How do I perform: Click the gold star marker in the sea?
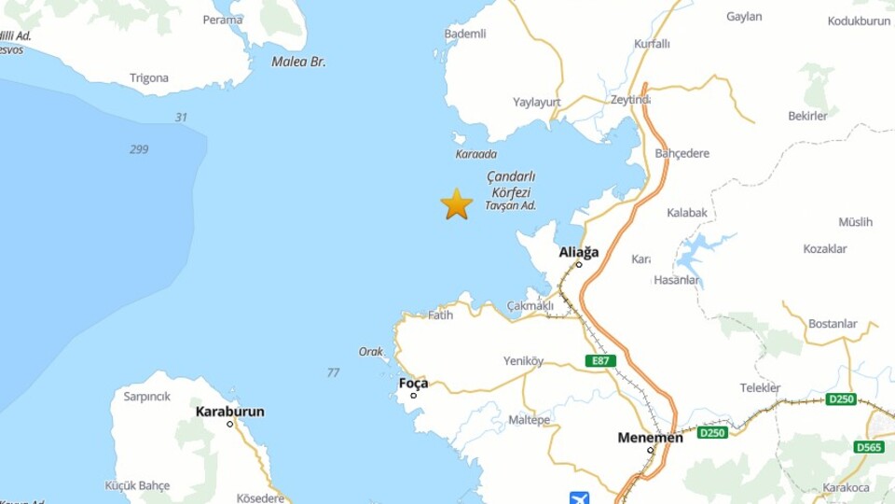click(x=457, y=203)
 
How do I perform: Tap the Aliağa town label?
click(x=579, y=252)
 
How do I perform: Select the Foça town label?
click(x=413, y=383)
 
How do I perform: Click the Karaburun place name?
click(x=229, y=412)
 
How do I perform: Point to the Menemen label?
click(x=650, y=438)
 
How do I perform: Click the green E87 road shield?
click(x=601, y=360)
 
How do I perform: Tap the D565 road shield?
click(x=868, y=447)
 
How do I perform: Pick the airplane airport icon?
click(x=579, y=497)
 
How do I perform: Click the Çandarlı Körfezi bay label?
click(x=510, y=185)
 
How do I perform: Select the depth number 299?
click(x=139, y=149)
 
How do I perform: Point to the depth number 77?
click(x=333, y=373)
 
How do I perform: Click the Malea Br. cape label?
click(x=298, y=62)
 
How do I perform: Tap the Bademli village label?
click(x=465, y=34)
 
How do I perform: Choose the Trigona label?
click(x=149, y=78)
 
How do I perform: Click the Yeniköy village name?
click(x=523, y=361)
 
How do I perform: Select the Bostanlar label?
click(x=833, y=324)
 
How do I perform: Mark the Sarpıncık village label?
click(x=147, y=396)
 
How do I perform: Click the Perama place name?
click(x=223, y=20)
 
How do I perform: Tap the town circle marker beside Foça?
click(x=414, y=396)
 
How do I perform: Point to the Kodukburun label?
click(x=860, y=21)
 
